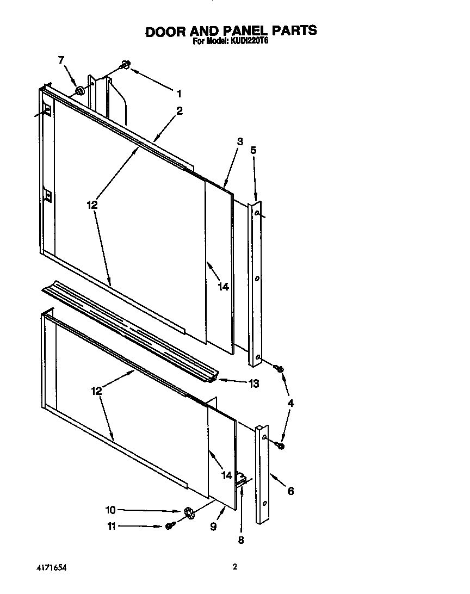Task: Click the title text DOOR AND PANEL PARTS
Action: [x=231, y=30]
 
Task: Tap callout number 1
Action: [x=179, y=92]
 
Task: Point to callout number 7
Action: [x=61, y=60]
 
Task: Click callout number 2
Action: [x=180, y=110]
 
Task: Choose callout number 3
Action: [x=240, y=141]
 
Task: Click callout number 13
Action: [x=253, y=383]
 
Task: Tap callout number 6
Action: [x=290, y=491]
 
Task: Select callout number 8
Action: [x=241, y=540]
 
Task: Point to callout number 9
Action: [x=213, y=527]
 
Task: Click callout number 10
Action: [x=110, y=510]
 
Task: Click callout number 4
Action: [x=290, y=403]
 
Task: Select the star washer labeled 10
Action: [x=189, y=511]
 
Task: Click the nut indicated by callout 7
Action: [x=80, y=89]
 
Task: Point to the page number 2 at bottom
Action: [x=235, y=567]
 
